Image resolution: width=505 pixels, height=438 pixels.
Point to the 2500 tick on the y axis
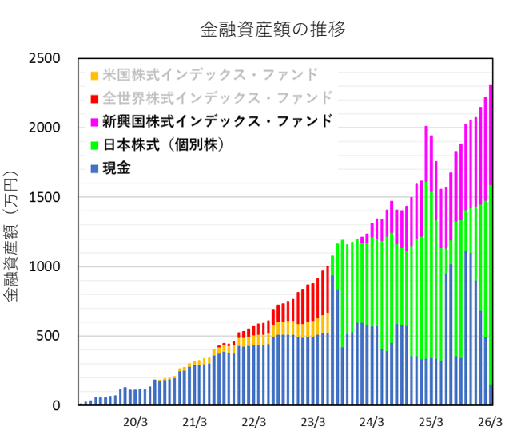[45, 58]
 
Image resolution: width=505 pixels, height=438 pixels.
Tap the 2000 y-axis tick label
[45, 128]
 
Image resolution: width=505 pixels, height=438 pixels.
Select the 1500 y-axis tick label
[45, 197]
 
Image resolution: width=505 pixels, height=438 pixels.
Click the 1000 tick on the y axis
[45, 266]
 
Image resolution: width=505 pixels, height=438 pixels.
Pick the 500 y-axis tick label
[50, 336]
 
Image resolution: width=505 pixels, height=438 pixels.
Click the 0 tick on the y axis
[58, 405]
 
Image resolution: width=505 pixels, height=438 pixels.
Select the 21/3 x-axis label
[196, 421]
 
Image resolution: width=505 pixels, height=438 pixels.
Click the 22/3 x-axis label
[254, 421]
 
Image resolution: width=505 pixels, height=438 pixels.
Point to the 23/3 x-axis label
[313, 421]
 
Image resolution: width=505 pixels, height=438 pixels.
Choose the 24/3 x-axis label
[372, 421]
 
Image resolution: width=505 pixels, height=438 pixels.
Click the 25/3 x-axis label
[431, 421]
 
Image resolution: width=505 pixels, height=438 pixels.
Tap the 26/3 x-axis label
[490, 421]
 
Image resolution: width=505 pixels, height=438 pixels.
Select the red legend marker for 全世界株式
[94, 99]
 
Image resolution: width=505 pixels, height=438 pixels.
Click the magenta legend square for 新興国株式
[94, 122]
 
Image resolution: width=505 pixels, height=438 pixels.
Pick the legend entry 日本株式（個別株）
[166, 145]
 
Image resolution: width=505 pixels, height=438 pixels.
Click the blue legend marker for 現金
[94, 169]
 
